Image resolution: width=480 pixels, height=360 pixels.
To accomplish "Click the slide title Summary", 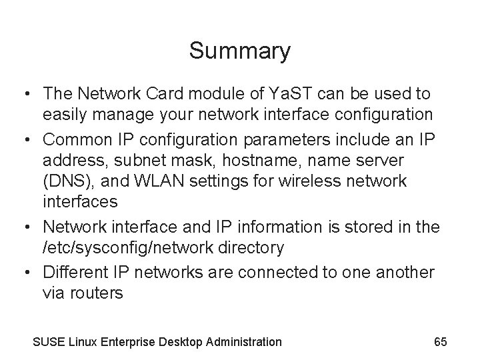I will pos(239,51).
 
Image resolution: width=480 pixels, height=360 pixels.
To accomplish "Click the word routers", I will pos(97,293).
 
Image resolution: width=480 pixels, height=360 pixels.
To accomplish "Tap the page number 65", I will pos(440,342).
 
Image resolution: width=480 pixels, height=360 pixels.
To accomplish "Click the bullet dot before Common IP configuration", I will pos(28,139).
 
